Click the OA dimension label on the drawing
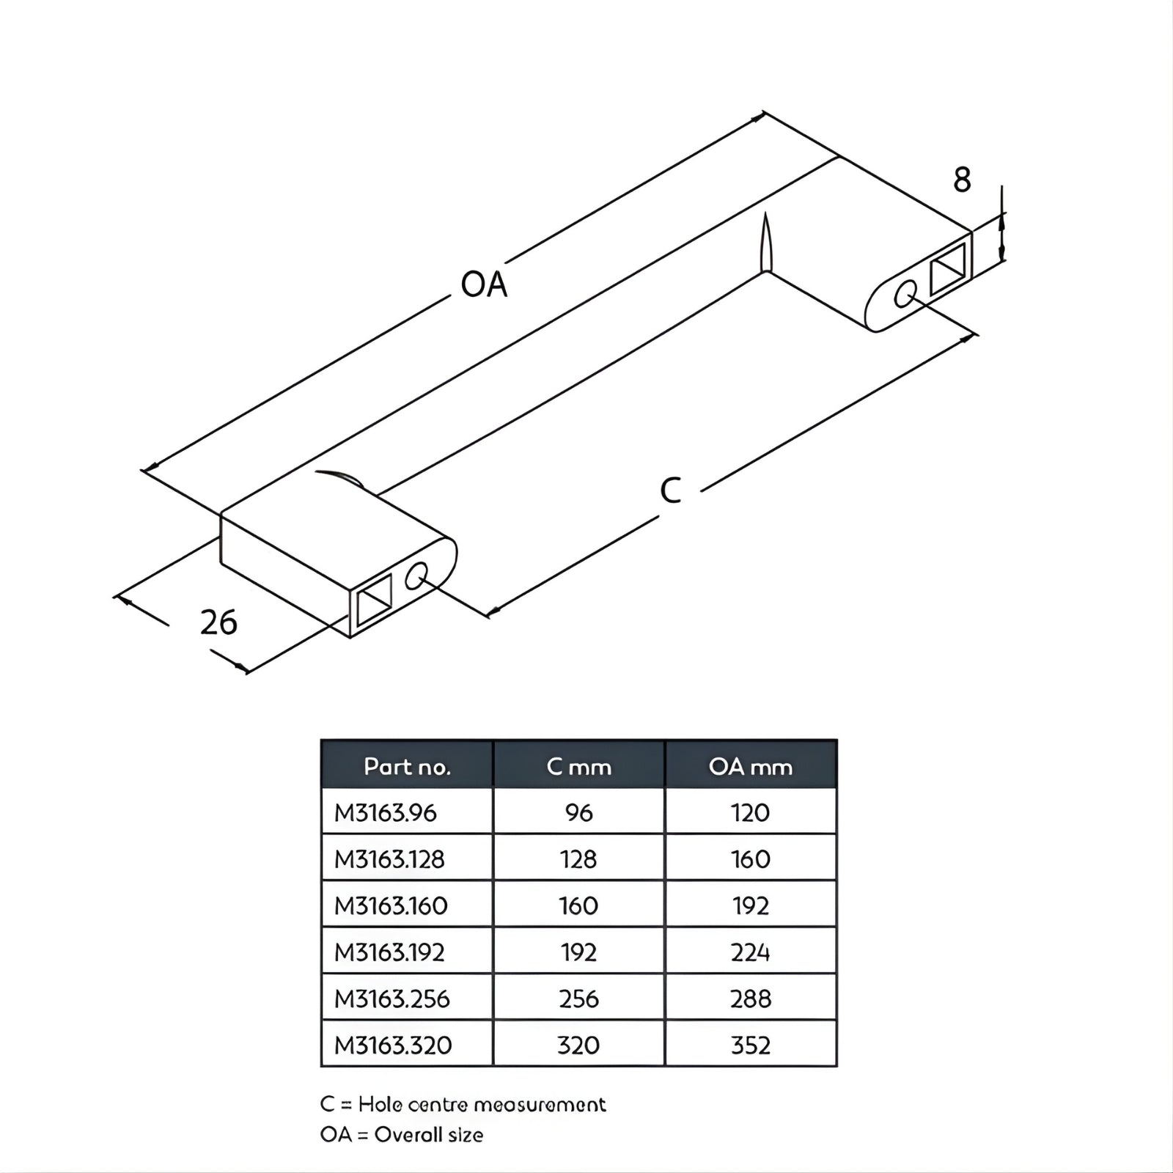(484, 284)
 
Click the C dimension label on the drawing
(670, 490)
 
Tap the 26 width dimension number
(218, 622)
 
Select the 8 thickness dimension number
(962, 180)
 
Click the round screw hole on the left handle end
(417, 576)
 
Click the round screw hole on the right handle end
(905, 294)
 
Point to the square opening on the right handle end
(948, 269)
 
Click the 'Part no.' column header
(407, 767)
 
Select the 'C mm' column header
(578, 767)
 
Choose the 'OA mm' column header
(750, 767)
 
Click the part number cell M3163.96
(386, 813)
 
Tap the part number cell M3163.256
(392, 999)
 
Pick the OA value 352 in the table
(750, 1045)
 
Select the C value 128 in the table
(578, 859)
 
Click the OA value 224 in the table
(750, 952)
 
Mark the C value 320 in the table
(578, 1045)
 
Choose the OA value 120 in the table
(750, 813)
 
